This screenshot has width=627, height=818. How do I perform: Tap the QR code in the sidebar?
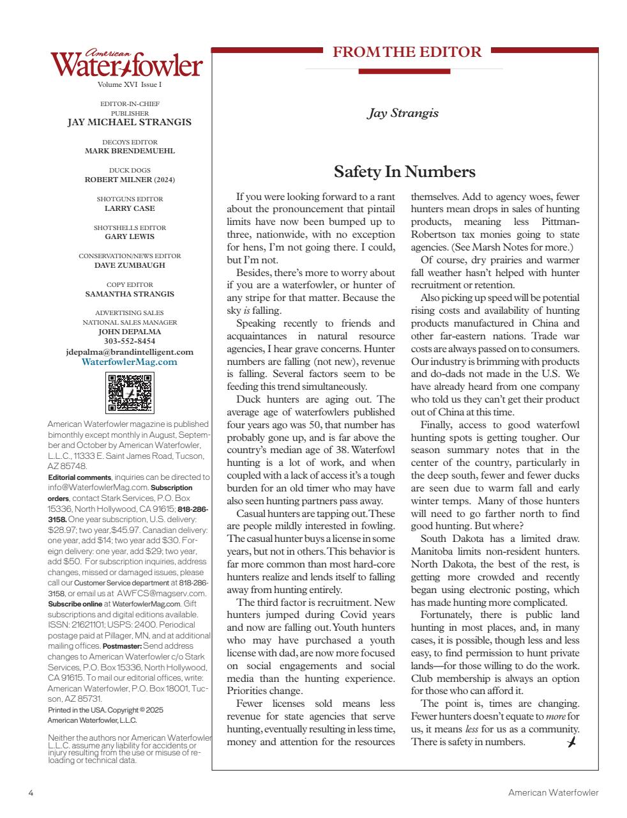pyautogui.click(x=130, y=393)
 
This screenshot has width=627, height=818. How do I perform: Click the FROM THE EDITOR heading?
pyautogui.click(x=407, y=52)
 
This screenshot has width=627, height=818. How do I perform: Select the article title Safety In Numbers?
pyautogui.click(x=404, y=172)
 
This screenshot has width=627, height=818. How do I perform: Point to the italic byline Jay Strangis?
pyautogui.click(x=402, y=113)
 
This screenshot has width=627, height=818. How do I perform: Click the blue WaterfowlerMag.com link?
pyautogui.click(x=130, y=362)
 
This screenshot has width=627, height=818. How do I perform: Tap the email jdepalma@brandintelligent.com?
pyautogui.click(x=130, y=351)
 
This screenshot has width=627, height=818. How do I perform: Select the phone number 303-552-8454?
pyautogui.click(x=130, y=341)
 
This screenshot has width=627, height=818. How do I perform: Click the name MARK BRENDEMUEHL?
pyautogui.click(x=130, y=151)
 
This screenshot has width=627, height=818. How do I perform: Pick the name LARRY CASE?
pyautogui.click(x=130, y=208)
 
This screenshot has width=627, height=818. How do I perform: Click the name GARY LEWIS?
pyautogui.click(x=130, y=236)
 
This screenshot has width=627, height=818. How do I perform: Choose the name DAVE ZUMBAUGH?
pyautogui.click(x=130, y=265)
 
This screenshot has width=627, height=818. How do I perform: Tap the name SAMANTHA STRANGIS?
pyautogui.click(x=130, y=294)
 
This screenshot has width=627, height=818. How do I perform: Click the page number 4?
pyautogui.click(x=31, y=792)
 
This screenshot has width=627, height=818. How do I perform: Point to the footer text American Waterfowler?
pyautogui.click(x=553, y=792)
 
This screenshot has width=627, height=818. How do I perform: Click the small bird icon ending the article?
pyautogui.click(x=571, y=741)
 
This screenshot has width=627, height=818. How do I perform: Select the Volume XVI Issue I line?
pyautogui.click(x=130, y=84)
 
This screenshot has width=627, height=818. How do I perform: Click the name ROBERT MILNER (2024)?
pyautogui.click(x=130, y=180)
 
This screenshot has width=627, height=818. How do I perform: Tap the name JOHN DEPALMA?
pyautogui.click(x=130, y=332)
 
